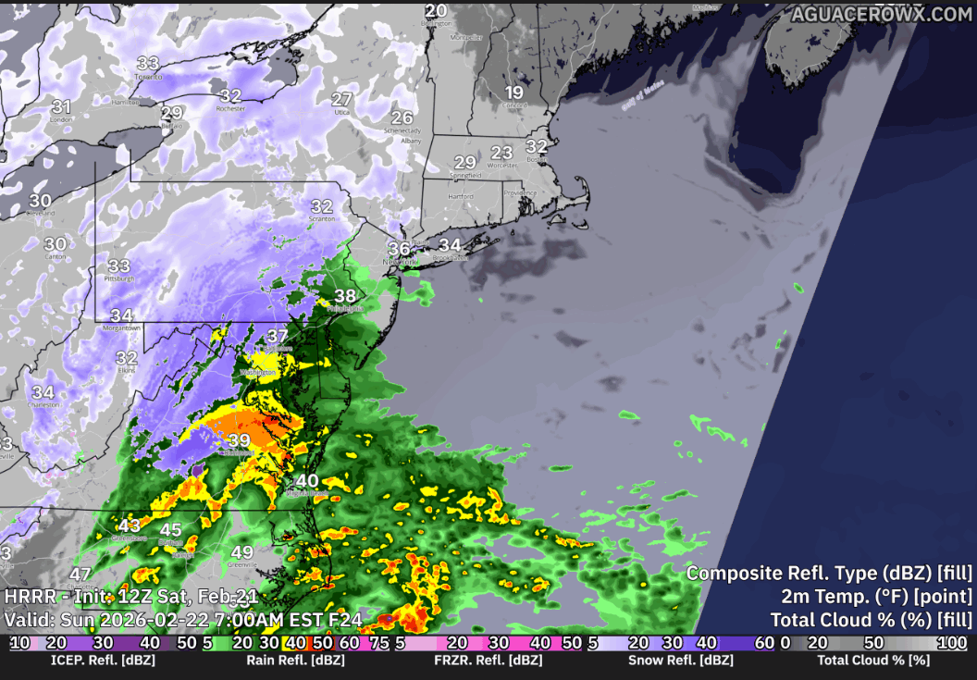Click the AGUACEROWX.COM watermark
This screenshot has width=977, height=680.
pyautogui.click(x=881, y=14)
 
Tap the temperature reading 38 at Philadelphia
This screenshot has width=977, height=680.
pyautogui.click(x=345, y=296)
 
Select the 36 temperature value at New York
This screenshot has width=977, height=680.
pyautogui.click(x=399, y=248)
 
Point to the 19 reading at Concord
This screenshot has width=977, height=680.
pyautogui.click(x=513, y=93)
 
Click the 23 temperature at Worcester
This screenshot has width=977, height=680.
pyautogui.click(x=501, y=153)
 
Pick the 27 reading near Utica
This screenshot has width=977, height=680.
pyautogui.click(x=341, y=99)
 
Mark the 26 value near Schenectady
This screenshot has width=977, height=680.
pyautogui.click(x=402, y=117)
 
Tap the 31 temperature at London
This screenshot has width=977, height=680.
pyautogui.click(x=61, y=106)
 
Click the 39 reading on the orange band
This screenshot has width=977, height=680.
pyautogui.click(x=240, y=440)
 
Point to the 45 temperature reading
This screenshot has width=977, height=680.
pyautogui.click(x=171, y=530)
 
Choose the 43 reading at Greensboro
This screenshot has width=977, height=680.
pyautogui.click(x=130, y=525)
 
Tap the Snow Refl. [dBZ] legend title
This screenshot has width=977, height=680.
pyautogui.click(x=680, y=661)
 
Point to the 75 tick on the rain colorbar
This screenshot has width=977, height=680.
pyautogui.click(x=378, y=643)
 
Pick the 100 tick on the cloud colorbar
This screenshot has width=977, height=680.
pyautogui.click(x=953, y=643)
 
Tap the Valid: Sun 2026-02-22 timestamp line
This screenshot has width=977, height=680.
pyautogui.click(x=183, y=619)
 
